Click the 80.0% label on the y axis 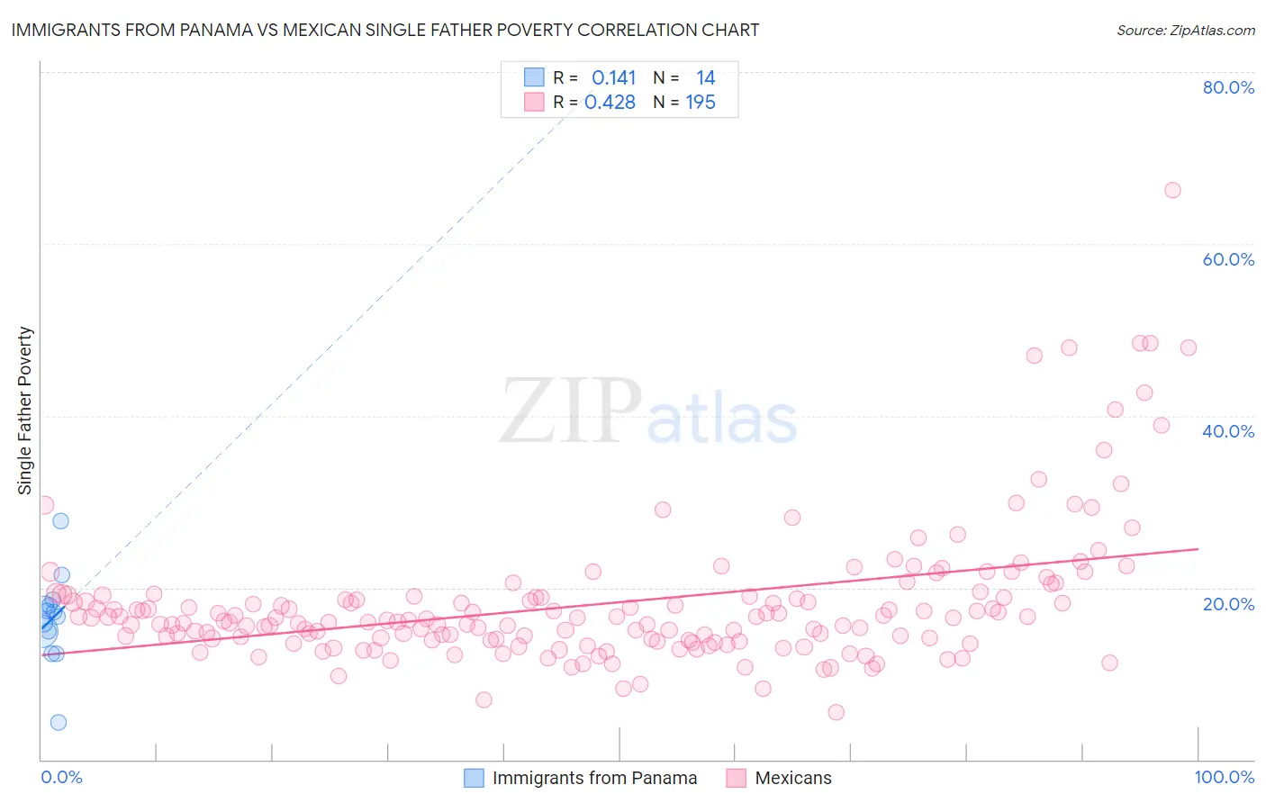coord(1228,87)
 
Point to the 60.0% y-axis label coord(1228,259)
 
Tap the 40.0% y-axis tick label coord(1228,431)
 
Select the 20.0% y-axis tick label coord(1228,603)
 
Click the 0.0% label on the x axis coord(61,777)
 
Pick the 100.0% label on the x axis coord(1224,777)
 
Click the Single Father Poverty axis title coord(25,410)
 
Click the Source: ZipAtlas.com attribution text coord(1185,30)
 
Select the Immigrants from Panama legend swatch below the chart coord(474,778)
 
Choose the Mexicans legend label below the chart coord(792,778)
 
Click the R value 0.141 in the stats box coord(613,78)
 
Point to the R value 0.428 coord(610,103)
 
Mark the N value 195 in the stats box coord(701,103)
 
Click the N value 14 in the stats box coord(705,78)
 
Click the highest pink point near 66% coord(1171,190)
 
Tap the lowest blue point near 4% coord(59,722)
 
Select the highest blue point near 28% coord(60,520)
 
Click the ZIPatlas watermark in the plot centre coord(648,412)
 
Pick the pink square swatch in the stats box coord(534,102)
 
